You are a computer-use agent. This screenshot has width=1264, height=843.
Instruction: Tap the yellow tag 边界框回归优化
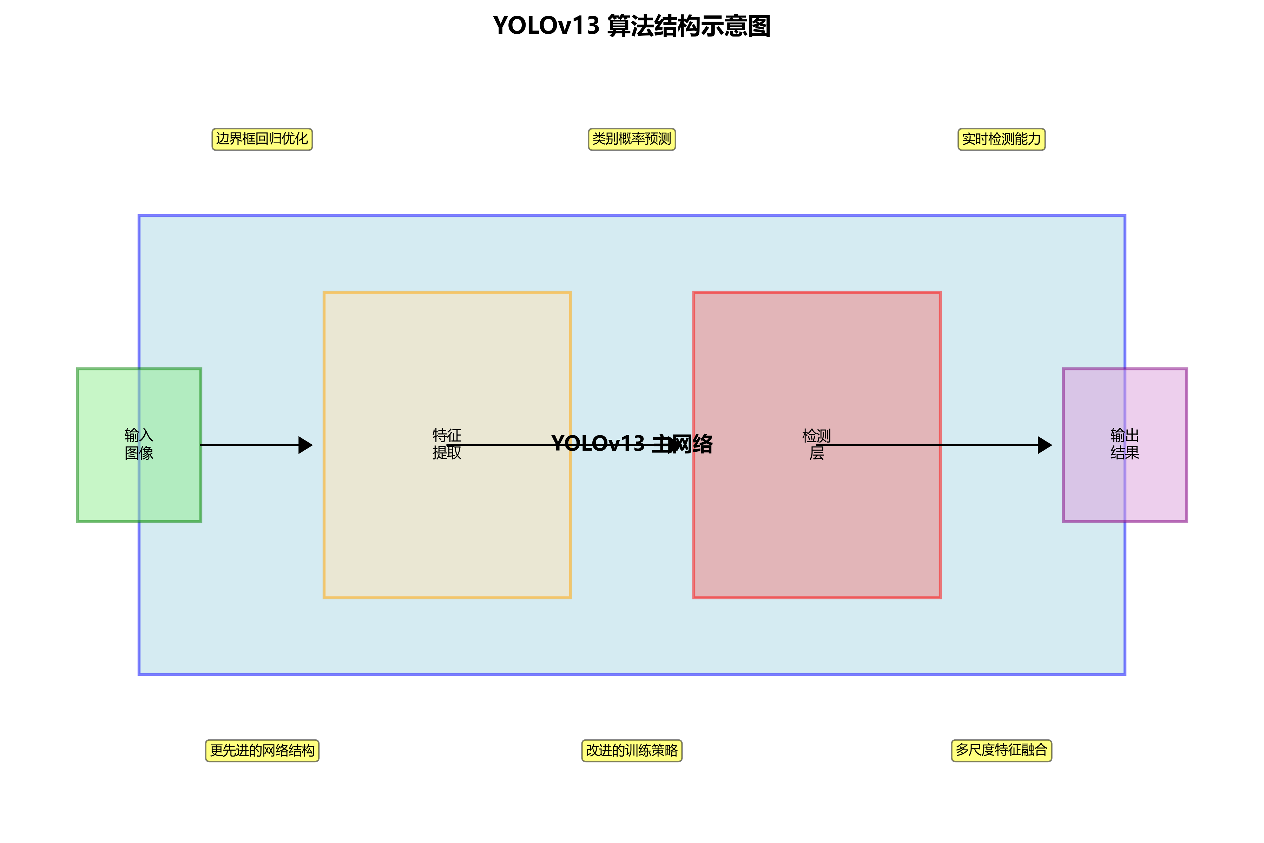tap(262, 139)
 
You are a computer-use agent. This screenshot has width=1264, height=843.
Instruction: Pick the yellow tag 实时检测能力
tap(1001, 139)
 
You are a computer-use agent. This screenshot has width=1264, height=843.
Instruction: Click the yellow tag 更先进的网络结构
tap(262, 751)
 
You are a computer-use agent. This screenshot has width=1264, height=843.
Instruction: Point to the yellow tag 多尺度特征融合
tap(1001, 751)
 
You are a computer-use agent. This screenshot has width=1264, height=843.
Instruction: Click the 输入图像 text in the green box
tap(139, 444)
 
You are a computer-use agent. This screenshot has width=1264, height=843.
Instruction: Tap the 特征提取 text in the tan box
tap(447, 444)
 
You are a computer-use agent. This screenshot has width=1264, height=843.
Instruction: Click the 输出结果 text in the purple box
tap(1125, 444)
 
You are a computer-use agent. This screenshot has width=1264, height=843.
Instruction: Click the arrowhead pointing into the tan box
tap(305, 445)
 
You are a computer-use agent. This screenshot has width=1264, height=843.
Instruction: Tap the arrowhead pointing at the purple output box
tap(1044, 445)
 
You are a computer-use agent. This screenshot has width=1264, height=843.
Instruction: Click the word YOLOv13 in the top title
tap(546, 26)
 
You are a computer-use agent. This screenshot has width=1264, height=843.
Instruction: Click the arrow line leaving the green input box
tap(247, 445)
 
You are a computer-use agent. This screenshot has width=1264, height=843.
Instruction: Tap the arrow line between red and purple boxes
tap(989, 445)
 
